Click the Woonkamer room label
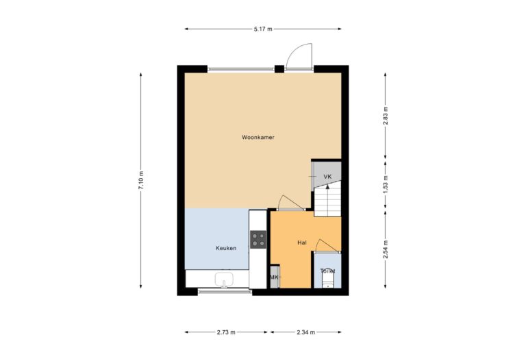(258, 138)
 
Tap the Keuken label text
(226, 248)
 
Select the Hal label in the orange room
(301, 242)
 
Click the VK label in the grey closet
(327, 177)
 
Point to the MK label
(274, 277)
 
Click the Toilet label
(328, 271)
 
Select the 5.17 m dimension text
(262, 29)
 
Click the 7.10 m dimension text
(141, 180)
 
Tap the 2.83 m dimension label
(386, 113)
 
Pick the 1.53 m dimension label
(386, 183)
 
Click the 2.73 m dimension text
(225, 332)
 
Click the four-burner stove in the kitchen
(258, 239)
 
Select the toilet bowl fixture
(327, 280)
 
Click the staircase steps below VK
(327, 200)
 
